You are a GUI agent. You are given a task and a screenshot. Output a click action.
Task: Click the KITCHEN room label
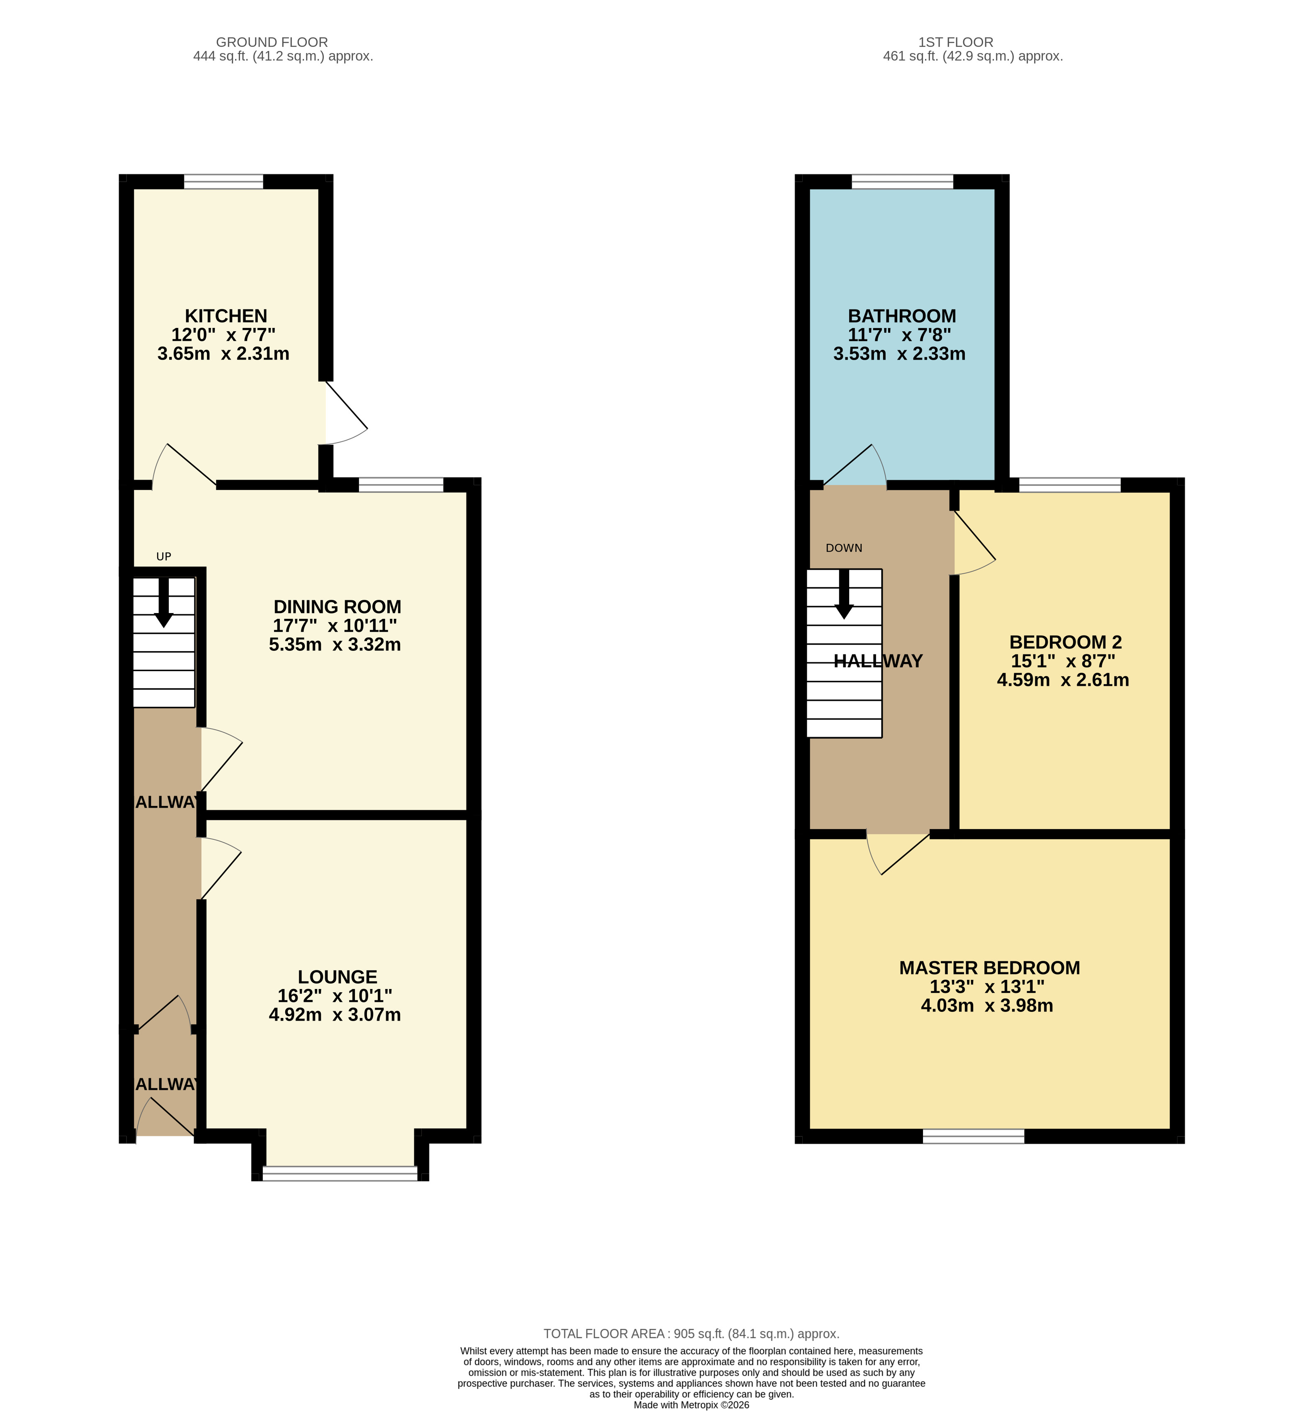tap(226, 316)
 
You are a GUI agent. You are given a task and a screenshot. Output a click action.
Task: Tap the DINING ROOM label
tap(337, 607)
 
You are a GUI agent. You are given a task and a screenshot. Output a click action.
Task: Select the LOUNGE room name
tap(337, 977)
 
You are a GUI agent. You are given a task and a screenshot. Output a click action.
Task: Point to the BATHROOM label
tap(902, 316)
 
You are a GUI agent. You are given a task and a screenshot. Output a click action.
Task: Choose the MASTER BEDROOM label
tap(989, 968)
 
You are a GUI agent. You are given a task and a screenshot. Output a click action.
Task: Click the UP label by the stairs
tap(164, 557)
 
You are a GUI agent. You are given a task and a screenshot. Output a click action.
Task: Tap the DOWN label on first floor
tap(844, 548)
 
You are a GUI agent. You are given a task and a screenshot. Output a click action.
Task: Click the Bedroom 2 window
tap(1070, 485)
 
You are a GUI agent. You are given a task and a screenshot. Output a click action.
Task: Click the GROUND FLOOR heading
tap(272, 42)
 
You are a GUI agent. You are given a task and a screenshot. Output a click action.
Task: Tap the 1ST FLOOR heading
tap(955, 42)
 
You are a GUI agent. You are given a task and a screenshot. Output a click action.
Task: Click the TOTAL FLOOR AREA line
tap(691, 1333)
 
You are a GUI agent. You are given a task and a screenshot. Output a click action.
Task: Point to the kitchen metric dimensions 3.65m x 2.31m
tap(223, 354)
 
